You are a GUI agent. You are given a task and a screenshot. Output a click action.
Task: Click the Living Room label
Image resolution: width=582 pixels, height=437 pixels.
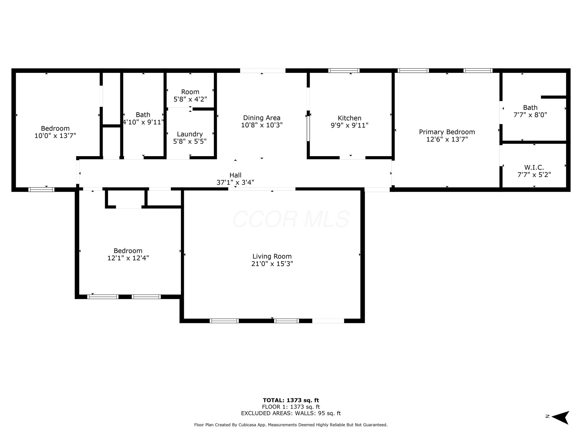pyautogui.click(x=272, y=256)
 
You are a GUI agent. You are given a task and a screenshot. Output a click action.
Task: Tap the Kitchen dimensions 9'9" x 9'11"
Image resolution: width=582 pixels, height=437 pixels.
pyautogui.click(x=349, y=125)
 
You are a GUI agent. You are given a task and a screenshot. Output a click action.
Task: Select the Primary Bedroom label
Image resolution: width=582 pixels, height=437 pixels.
pyautogui.click(x=447, y=132)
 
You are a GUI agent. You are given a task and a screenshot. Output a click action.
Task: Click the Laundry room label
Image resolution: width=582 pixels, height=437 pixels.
pyautogui.click(x=190, y=134)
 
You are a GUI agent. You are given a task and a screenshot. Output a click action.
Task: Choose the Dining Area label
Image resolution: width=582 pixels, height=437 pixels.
pyautogui.click(x=262, y=118)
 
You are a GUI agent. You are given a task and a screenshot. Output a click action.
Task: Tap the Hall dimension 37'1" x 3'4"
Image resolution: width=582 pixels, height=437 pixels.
pyautogui.click(x=235, y=182)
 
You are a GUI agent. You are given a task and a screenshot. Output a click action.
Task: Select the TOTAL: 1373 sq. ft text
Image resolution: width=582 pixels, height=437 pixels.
pyautogui.click(x=291, y=400)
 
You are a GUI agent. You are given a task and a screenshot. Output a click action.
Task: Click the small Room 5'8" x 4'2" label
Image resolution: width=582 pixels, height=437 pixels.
pyautogui.click(x=190, y=95)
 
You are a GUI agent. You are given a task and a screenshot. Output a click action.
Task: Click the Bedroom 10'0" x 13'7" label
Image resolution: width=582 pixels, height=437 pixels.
pyautogui.click(x=55, y=132)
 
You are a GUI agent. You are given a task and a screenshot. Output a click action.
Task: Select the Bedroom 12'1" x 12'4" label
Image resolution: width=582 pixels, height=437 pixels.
pyautogui.click(x=128, y=254)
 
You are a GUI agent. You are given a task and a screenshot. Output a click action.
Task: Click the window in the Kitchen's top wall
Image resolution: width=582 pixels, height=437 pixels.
pyautogui.click(x=344, y=71)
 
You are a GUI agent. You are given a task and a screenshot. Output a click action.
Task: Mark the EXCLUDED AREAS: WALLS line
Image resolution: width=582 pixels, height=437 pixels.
pyautogui.click(x=291, y=413)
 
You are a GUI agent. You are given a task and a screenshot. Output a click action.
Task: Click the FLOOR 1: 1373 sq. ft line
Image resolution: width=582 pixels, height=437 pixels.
pyautogui.click(x=291, y=407)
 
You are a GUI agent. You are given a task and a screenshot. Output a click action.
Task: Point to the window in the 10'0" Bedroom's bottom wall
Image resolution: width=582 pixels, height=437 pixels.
pyautogui.click(x=41, y=189)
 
